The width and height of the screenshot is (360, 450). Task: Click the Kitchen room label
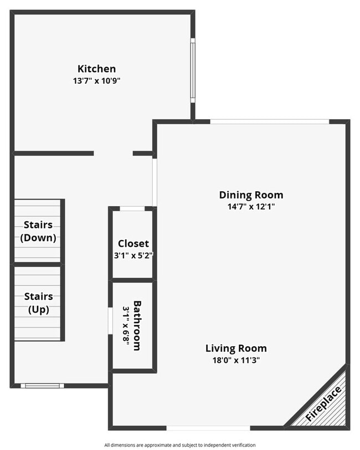tap(96, 69)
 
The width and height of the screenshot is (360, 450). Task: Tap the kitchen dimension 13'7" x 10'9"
tap(96, 80)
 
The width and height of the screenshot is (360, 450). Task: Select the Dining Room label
tap(251, 195)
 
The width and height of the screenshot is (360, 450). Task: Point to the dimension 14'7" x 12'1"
tap(251, 206)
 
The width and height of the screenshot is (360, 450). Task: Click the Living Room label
tap(236, 349)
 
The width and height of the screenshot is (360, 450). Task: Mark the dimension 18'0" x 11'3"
tap(236, 360)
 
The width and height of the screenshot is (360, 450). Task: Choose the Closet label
tap(133, 244)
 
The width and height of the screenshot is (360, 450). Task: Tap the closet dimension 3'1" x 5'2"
tap(133, 255)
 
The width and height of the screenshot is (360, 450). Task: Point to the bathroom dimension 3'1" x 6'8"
tap(126, 326)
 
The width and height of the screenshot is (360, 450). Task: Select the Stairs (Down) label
tap(38, 231)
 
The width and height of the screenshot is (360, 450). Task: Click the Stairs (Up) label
tap(38, 303)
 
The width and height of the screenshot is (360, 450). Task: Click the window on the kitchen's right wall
tap(193, 70)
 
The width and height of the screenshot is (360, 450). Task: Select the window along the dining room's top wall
tap(270, 121)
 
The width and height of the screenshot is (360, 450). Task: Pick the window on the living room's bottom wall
tap(208, 427)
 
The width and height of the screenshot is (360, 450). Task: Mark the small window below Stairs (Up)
tap(42, 386)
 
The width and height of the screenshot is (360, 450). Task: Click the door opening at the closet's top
tap(132, 208)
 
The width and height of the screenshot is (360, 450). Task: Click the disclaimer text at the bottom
tap(179, 445)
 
